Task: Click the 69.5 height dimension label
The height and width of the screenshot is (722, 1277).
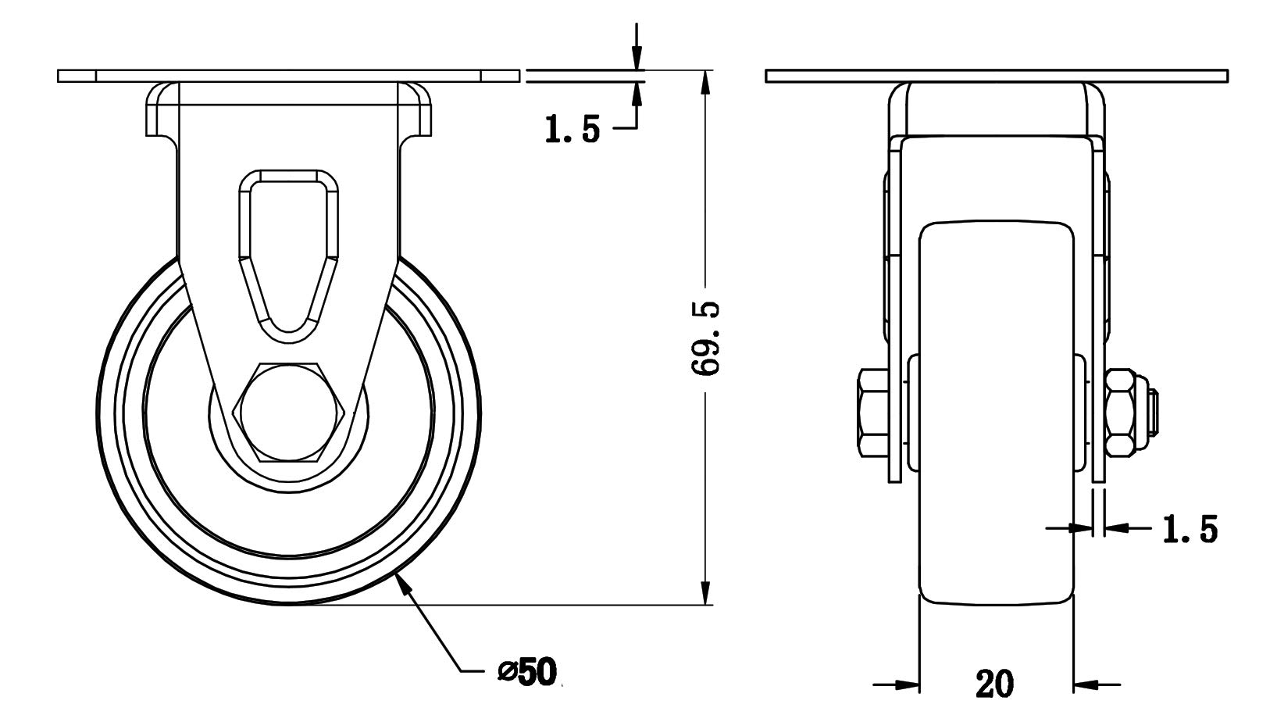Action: (706, 338)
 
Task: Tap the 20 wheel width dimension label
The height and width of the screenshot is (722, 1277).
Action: (995, 684)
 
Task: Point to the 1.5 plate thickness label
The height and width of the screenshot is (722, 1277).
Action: (573, 129)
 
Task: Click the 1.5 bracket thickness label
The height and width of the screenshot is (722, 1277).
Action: (1190, 529)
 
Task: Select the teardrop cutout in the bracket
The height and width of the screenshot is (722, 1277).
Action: (289, 256)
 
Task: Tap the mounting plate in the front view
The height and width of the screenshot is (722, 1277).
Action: (288, 77)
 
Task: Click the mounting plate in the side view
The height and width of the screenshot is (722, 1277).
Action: (997, 77)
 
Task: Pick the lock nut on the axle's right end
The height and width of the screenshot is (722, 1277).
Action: (1119, 413)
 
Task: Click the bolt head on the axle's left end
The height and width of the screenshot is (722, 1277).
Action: (873, 413)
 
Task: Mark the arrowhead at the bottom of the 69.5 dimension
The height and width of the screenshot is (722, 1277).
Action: (706, 592)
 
